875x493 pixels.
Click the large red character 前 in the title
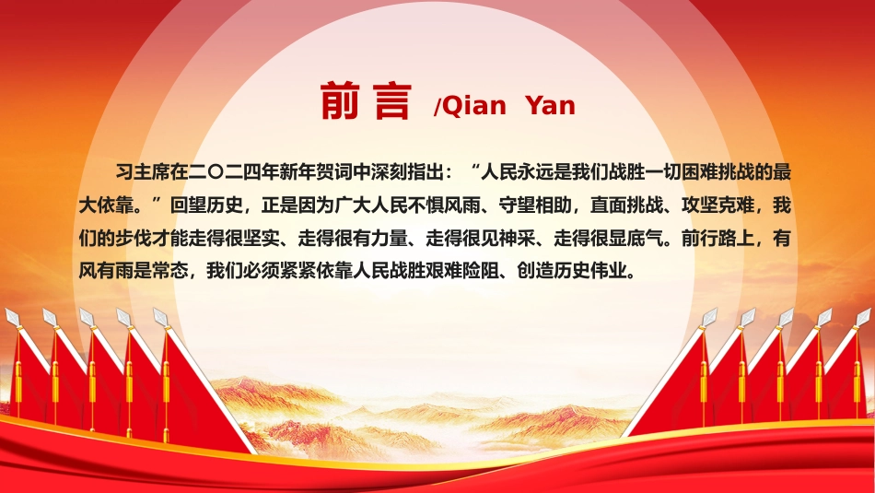pyautogui.click(x=340, y=100)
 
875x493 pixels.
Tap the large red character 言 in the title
pyautogui.click(x=393, y=100)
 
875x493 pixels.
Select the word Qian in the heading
pyautogui.click(x=473, y=106)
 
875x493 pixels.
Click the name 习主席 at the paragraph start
pyautogui.click(x=142, y=171)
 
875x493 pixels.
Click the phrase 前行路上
pyautogui.click(x=717, y=239)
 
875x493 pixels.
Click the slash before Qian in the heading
pyautogui.click(x=437, y=107)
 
